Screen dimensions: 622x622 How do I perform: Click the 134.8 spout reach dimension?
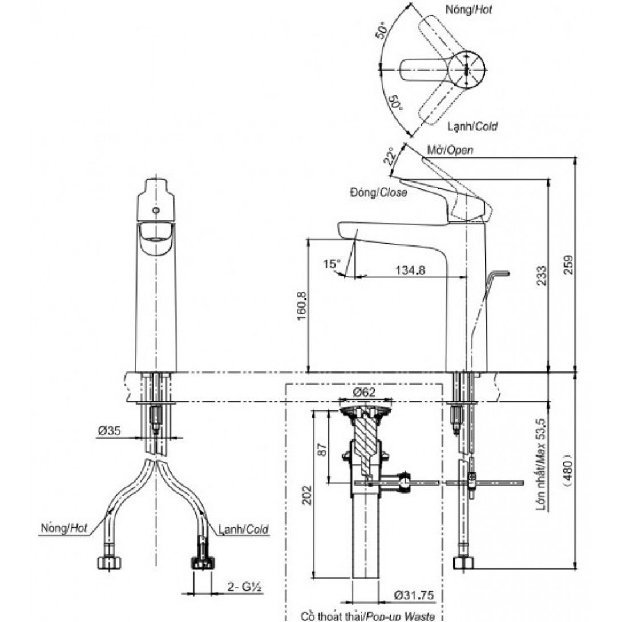tap(410, 270)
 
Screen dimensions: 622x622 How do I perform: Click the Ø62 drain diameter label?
tap(363, 392)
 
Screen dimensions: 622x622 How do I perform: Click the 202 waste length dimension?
tap(306, 495)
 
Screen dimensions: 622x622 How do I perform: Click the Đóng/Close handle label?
tap(378, 193)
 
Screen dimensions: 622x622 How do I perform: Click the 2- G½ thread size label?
tap(247, 587)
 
